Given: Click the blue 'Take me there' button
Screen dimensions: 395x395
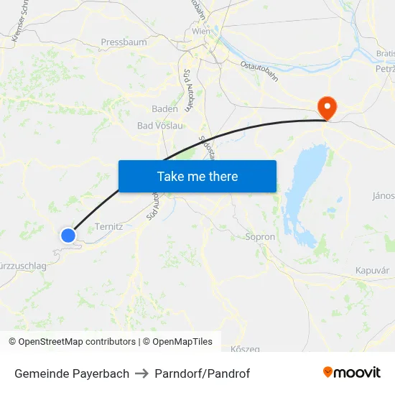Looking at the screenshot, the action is point(197,176).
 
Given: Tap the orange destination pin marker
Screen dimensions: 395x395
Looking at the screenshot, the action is point(327,108).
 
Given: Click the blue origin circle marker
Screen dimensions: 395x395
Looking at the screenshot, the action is point(68,235).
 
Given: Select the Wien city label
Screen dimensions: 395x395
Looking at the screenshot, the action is point(201,32).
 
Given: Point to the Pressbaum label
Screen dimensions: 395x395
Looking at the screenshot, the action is point(124,42).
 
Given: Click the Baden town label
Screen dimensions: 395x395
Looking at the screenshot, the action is point(164,109).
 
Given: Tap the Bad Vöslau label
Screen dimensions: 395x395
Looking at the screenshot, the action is point(160,126).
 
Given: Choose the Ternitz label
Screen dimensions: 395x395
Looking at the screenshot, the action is point(109,226).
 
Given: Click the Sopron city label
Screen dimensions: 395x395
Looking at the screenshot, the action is point(260,236).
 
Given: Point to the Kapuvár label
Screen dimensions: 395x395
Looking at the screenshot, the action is point(372,270).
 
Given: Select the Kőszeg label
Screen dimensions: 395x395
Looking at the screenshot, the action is point(246,349).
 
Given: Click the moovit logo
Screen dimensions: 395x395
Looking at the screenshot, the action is point(352,373).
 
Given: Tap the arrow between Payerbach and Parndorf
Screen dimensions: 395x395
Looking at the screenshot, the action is point(142,373).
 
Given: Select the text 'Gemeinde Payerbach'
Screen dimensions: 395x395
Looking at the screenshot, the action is point(72,373).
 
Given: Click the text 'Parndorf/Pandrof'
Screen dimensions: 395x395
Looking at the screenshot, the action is point(203,373).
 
